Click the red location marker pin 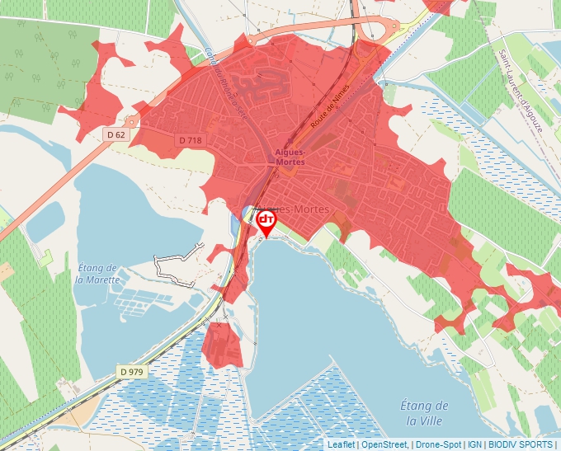tap(266, 223)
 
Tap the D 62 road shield tap(116, 134)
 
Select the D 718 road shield tap(190, 141)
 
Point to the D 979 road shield tap(130, 372)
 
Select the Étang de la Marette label tap(97, 273)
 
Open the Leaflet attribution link tap(342, 444)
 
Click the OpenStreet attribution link tap(385, 444)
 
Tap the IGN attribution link tap(475, 444)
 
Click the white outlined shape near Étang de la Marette tap(178, 263)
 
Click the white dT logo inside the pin tap(266, 219)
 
